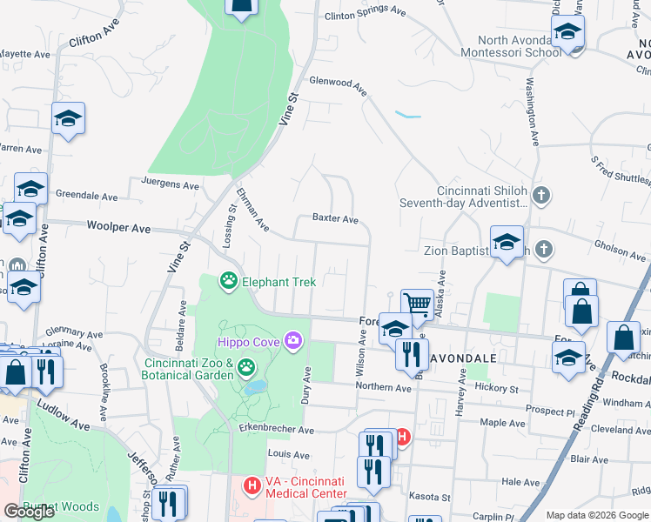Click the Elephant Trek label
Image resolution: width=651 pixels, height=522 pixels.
click(x=279, y=281)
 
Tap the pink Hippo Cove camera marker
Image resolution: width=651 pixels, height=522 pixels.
click(x=293, y=338)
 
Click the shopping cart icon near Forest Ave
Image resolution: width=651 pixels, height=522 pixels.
click(x=418, y=304)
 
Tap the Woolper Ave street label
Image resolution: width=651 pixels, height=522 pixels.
click(x=119, y=228)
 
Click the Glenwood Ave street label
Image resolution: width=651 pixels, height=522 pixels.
click(x=336, y=84)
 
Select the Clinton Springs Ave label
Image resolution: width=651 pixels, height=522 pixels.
click(x=365, y=14)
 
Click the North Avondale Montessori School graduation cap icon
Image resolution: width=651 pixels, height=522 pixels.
click(x=569, y=32)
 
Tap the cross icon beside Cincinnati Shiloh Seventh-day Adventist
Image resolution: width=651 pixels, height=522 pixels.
click(x=541, y=195)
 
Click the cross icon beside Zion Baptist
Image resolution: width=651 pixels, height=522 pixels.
click(x=544, y=251)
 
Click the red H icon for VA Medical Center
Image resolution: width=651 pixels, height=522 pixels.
click(x=252, y=485)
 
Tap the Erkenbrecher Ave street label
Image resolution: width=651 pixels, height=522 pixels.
click(x=278, y=430)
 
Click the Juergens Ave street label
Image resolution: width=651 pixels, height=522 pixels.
click(x=170, y=184)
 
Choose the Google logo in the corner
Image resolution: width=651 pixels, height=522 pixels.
click(x=30, y=512)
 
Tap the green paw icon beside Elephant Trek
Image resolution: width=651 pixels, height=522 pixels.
click(x=228, y=281)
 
